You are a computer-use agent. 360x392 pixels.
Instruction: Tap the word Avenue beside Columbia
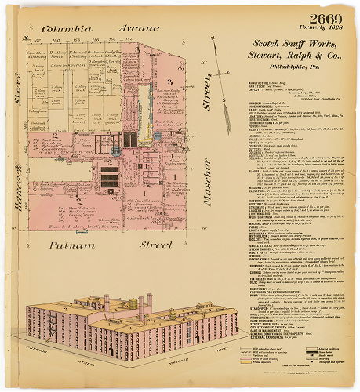tap(139, 28)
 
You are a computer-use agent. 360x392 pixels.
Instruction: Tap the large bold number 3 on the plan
tap(167, 82)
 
